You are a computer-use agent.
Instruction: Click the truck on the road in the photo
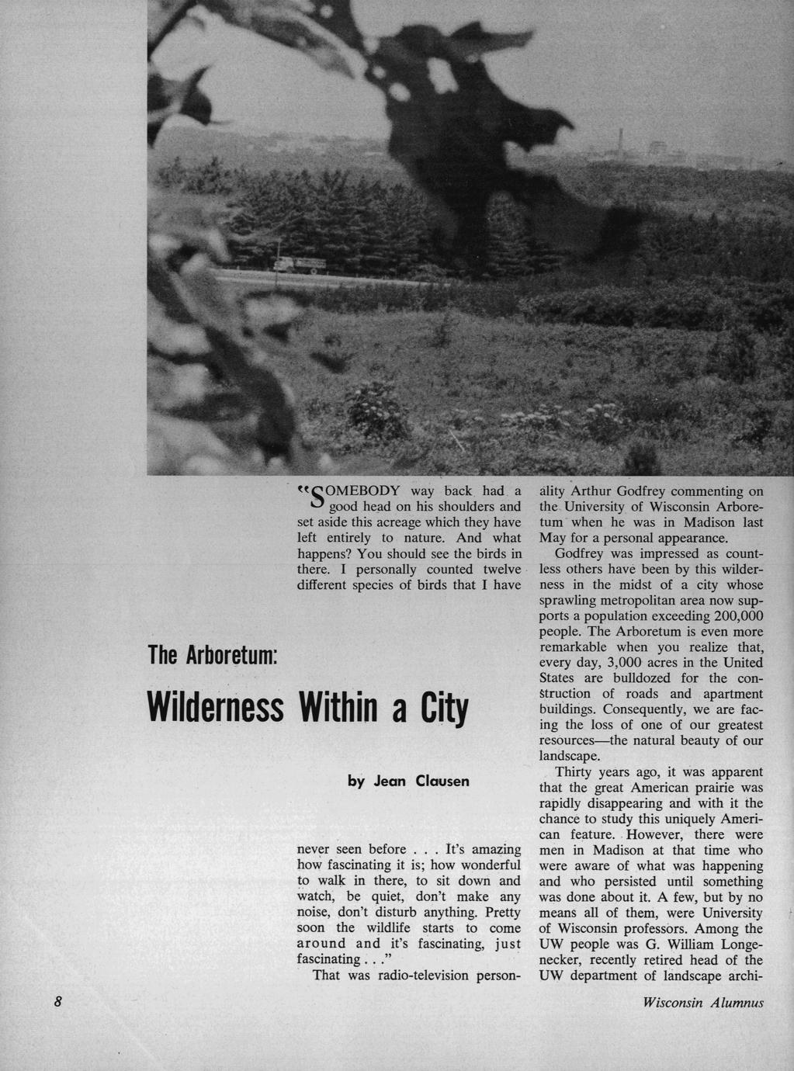[296, 265]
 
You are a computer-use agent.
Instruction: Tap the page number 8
[57, 1001]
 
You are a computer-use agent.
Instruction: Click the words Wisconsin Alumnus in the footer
[703, 1002]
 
